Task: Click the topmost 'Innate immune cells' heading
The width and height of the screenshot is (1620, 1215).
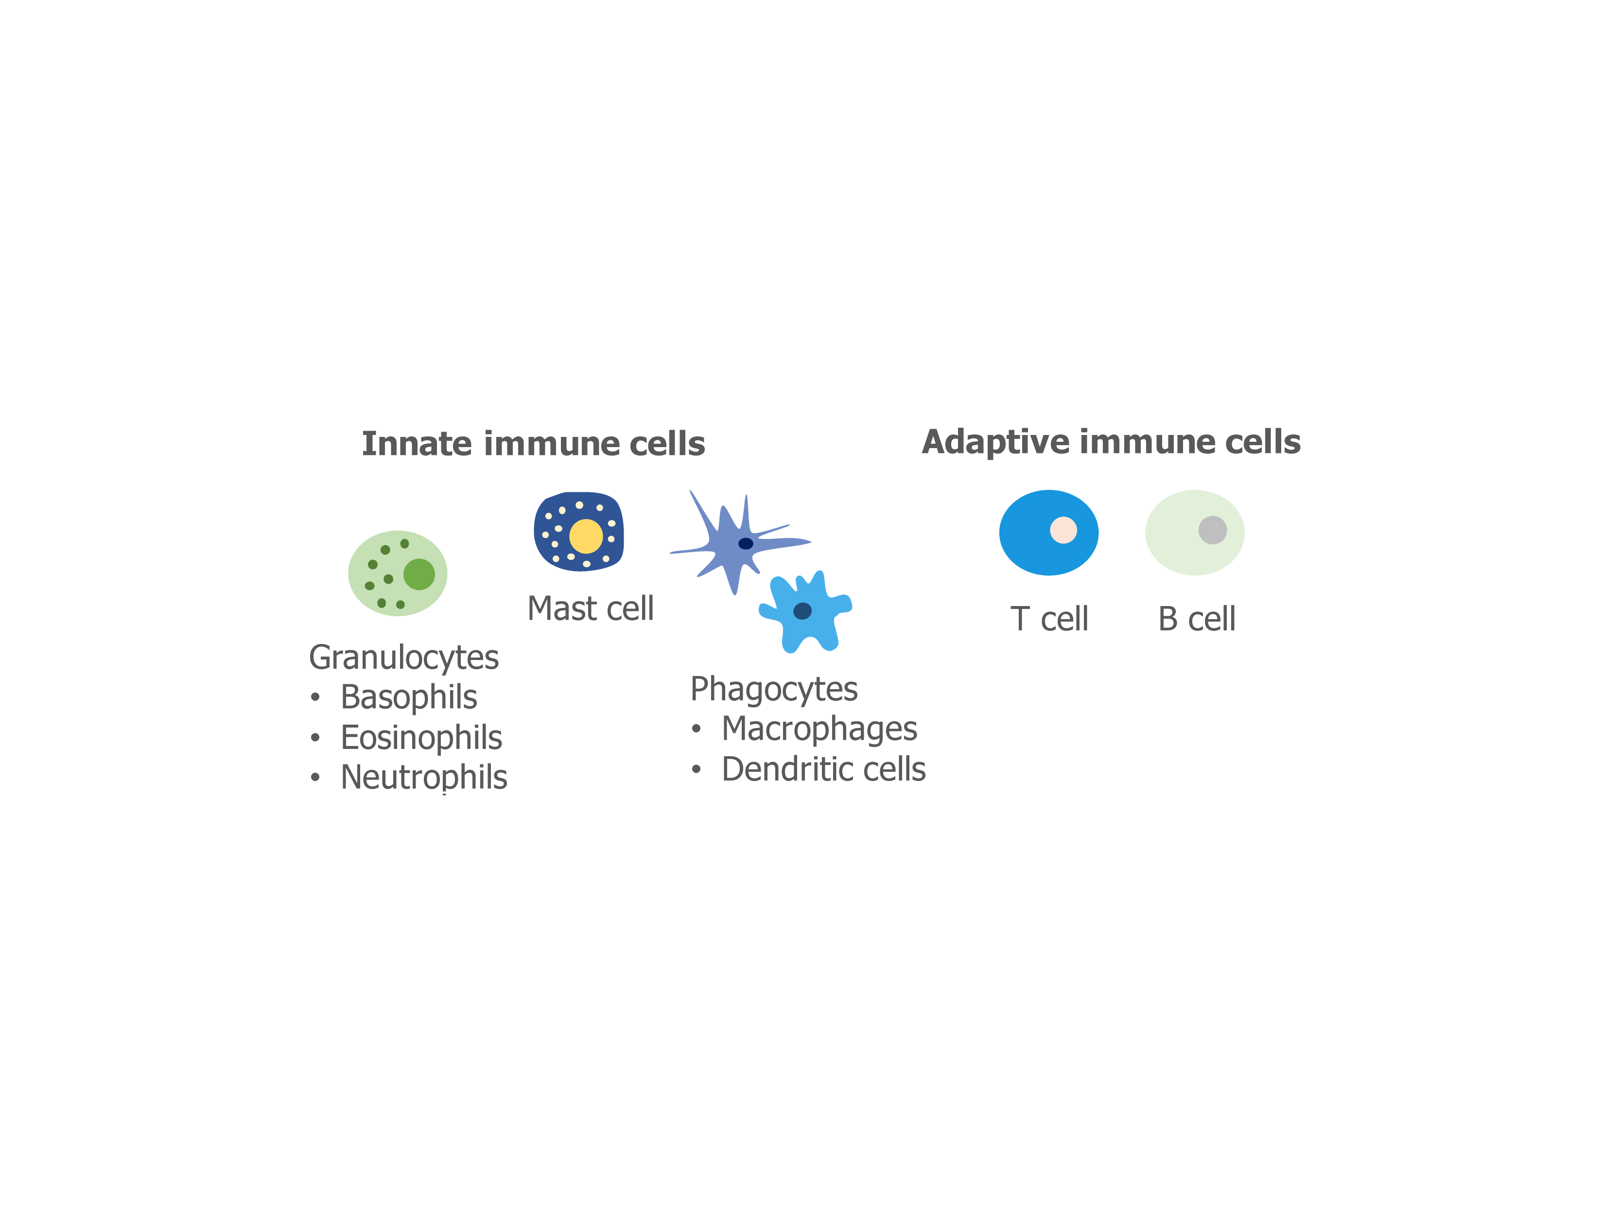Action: [533, 444]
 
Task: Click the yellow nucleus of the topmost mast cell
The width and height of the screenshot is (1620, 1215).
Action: [586, 536]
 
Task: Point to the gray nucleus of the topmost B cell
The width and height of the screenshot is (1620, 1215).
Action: [1212, 530]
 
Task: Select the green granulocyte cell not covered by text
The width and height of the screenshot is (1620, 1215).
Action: [397, 573]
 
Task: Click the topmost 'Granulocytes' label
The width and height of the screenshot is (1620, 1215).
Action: [403, 658]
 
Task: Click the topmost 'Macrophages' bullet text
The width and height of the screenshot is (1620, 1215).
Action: [819, 729]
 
